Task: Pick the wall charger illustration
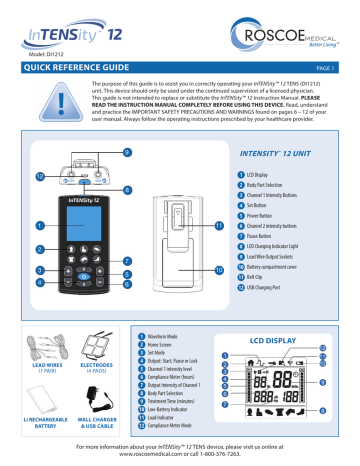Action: click(97, 400)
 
